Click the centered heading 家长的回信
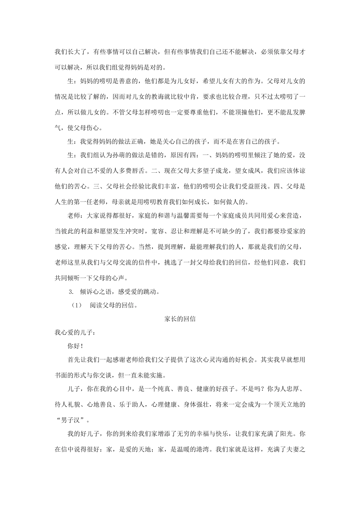coord(180,319)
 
